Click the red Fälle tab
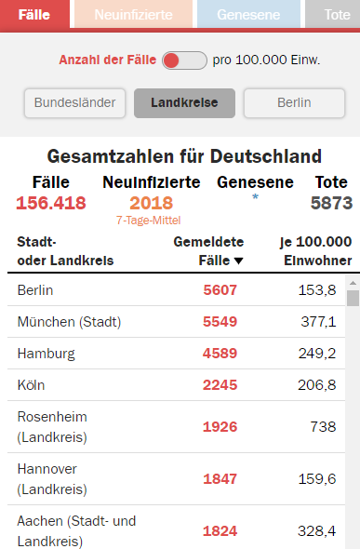35,15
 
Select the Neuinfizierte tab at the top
133,15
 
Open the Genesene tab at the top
248,15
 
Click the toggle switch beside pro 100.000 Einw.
184,60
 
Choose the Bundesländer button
76,102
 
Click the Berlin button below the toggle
294,102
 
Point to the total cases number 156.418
51,203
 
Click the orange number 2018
152,203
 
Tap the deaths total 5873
332,203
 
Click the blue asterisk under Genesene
255,198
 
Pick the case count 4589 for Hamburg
220,354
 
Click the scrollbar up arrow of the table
353,282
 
